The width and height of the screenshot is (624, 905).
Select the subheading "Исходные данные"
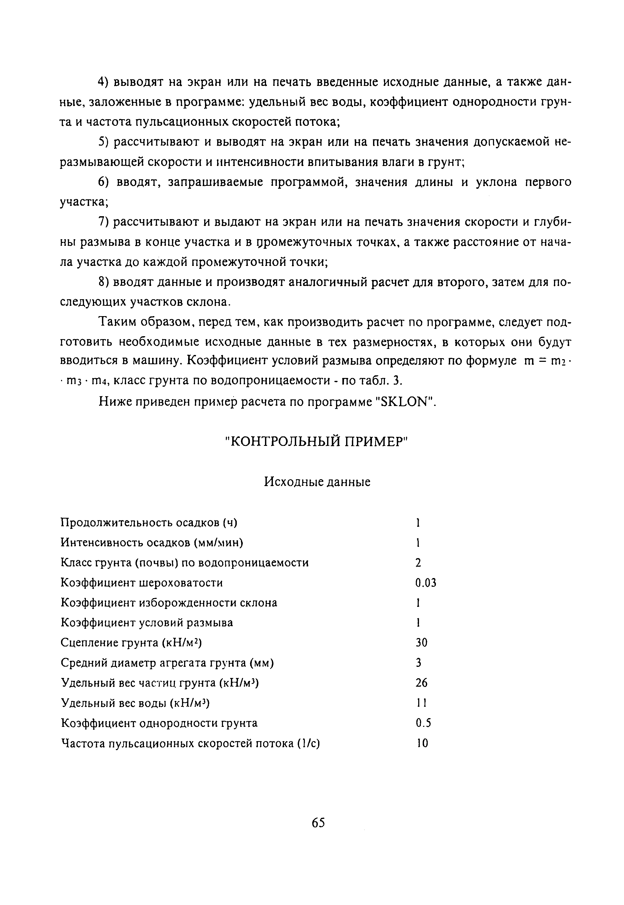click(317, 481)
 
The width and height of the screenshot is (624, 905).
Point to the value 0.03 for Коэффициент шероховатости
click(425, 583)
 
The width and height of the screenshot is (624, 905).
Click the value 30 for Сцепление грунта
click(421, 643)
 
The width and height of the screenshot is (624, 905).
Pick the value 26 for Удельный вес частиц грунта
click(421, 683)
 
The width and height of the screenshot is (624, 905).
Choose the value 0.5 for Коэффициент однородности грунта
click(423, 723)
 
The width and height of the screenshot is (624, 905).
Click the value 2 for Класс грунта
click(418, 563)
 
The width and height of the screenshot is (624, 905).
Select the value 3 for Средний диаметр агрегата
click(418, 663)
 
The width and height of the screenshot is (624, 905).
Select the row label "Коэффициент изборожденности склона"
click(169, 603)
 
